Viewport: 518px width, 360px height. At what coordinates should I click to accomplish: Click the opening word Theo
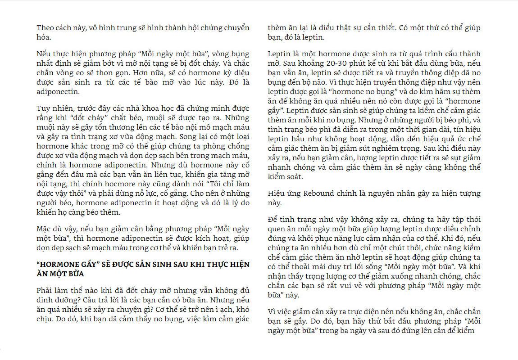45,28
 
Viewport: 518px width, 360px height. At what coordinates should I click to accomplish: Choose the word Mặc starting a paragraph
45,229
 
